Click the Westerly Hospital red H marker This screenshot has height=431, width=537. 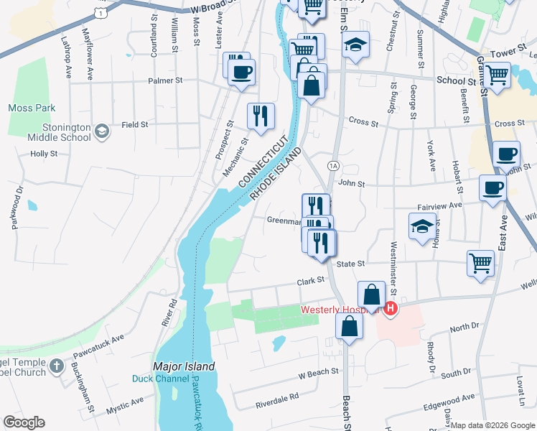click(x=391, y=309)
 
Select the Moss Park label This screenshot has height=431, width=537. click(x=27, y=108)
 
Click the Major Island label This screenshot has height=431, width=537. click(x=183, y=366)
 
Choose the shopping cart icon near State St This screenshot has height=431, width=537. click(x=480, y=261)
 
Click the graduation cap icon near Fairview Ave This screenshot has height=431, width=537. click(x=422, y=226)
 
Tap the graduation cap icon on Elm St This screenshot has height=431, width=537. click(x=355, y=45)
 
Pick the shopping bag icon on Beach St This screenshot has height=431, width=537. click(x=348, y=327)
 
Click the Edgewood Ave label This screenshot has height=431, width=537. click(x=449, y=398)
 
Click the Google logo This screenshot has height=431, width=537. click(x=24, y=422)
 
